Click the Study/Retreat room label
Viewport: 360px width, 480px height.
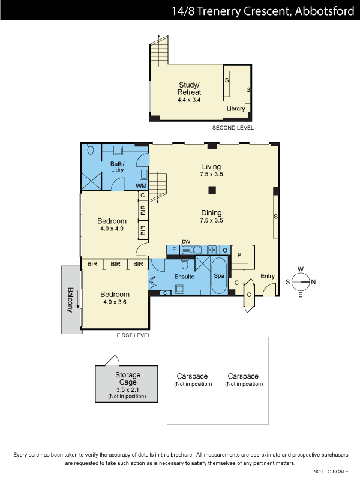pos(189,88)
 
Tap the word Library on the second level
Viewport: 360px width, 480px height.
pos(236,109)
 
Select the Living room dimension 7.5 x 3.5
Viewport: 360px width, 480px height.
pos(211,174)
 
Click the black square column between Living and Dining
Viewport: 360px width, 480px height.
pos(212,190)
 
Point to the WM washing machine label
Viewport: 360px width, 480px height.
pos(141,185)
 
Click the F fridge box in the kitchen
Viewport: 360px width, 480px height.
pos(173,250)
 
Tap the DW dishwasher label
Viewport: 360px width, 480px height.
pos(186,242)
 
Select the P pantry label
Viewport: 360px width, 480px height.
pos(239,254)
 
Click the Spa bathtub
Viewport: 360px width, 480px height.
pos(219,275)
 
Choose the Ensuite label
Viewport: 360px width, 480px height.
pos(184,277)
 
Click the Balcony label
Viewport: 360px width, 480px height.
pos(70,299)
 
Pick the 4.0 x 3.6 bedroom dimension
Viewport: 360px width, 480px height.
pos(115,302)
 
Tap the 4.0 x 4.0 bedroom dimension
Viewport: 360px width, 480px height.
pos(112,229)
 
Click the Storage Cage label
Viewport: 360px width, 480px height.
pos(128,379)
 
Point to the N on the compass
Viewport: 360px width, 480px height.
pos(313,282)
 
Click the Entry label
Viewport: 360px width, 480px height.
pos(268,276)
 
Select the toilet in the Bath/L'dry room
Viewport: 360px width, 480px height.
pos(90,149)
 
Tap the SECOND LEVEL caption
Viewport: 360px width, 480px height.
pos(233,128)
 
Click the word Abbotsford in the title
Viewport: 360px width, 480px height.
pos(325,11)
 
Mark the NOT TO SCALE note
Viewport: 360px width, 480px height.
pos(331,472)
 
